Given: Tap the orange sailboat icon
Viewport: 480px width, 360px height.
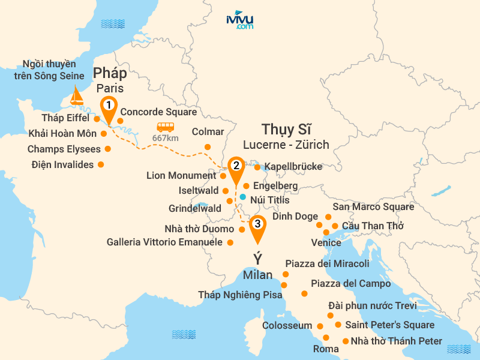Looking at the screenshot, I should click(76, 95).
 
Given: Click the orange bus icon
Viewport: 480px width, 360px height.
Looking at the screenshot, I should click(166, 127).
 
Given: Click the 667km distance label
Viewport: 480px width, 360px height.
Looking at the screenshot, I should click(166, 138).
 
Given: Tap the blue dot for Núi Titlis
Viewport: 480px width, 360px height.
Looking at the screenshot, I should click(242, 196).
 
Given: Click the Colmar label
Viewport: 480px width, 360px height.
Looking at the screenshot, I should click(208, 131).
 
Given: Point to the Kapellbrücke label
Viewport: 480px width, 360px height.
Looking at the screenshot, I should click(293, 166).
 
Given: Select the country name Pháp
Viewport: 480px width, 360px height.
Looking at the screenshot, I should click(110, 73).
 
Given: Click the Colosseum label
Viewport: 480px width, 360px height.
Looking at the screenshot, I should click(287, 326).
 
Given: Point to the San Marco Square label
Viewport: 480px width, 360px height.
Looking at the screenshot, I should click(373, 207).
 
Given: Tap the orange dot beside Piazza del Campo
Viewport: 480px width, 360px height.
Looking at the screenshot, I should click(304, 293).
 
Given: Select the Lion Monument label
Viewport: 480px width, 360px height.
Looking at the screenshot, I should click(181, 176).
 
